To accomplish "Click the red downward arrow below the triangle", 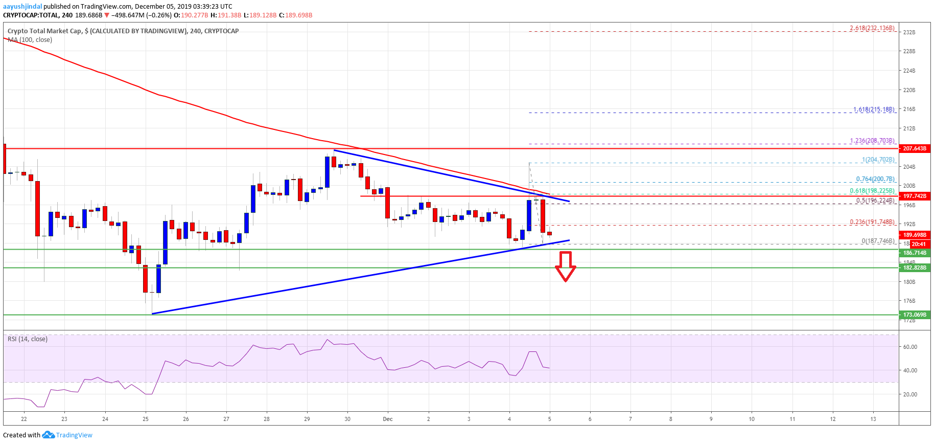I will coord(565,267).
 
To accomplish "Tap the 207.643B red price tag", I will coord(914,148).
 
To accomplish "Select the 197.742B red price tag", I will coord(914,196).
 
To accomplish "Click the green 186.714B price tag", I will coord(914,253).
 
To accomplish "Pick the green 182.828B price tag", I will coord(914,268).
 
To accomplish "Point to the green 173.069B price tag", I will coord(914,315).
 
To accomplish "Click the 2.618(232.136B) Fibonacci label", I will coord(872,28).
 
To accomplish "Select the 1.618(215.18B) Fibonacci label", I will coord(873,109).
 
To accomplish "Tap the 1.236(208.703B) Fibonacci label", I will coord(872,141).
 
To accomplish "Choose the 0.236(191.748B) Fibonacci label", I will coord(872,222).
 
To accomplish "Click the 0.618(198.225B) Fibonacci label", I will coord(872,191).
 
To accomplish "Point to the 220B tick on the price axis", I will coord(909,90).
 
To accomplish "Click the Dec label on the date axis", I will coord(388,419).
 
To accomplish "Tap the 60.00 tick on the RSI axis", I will coord(910,347).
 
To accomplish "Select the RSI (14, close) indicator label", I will coord(28,339).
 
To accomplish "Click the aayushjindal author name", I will coord(22,7).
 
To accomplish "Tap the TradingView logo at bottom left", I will coord(68,435).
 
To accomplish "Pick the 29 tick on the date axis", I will coord(307,419).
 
